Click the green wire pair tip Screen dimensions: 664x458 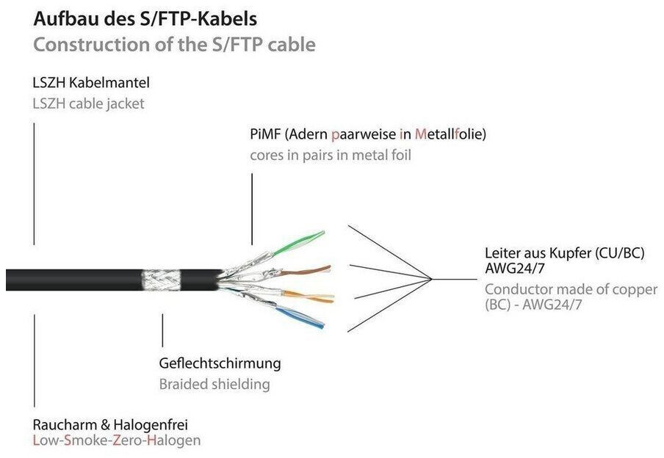pyautogui.click(x=322, y=233)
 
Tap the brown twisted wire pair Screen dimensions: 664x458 pyautogui.click(x=304, y=271)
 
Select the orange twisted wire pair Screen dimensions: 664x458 pyautogui.click(x=308, y=297)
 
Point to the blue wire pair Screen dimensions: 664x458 pyautogui.click(x=300, y=318)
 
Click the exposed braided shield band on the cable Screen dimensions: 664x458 pyautogui.click(x=161, y=280)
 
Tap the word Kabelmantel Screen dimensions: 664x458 pyautogui.click(x=109, y=82)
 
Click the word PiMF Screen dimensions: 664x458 pyautogui.click(x=265, y=134)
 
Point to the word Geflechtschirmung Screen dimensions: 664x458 pyautogui.click(x=220, y=363)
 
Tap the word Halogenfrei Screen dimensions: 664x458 pyautogui.click(x=151, y=424)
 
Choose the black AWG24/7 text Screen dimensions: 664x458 pyautogui.click(x=514, y=269)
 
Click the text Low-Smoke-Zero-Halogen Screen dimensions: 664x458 pyautogui.click(x=117, y=440)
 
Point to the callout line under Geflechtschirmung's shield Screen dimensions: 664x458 pyautogui.click(x=162, y=330)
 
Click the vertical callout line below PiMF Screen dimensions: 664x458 pyautogui.click(x=252, y=209)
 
